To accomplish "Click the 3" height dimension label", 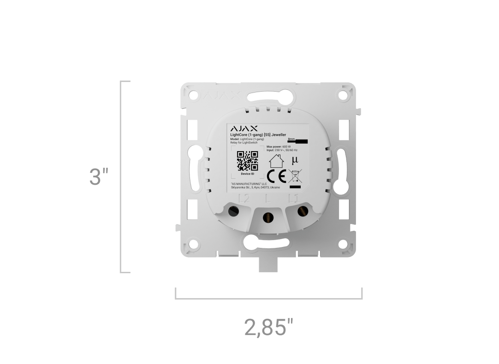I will pos(99,177).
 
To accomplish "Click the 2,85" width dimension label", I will pos(268,328).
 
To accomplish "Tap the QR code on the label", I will pos(247,161).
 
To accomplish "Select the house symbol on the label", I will pos(276,161).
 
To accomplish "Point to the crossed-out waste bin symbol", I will pos(294,177).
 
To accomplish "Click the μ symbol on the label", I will pos(295,160).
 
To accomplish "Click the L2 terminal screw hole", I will pos(234,211).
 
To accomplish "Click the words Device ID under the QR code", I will pos(248,174).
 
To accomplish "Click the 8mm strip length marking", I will pos(291,139).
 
